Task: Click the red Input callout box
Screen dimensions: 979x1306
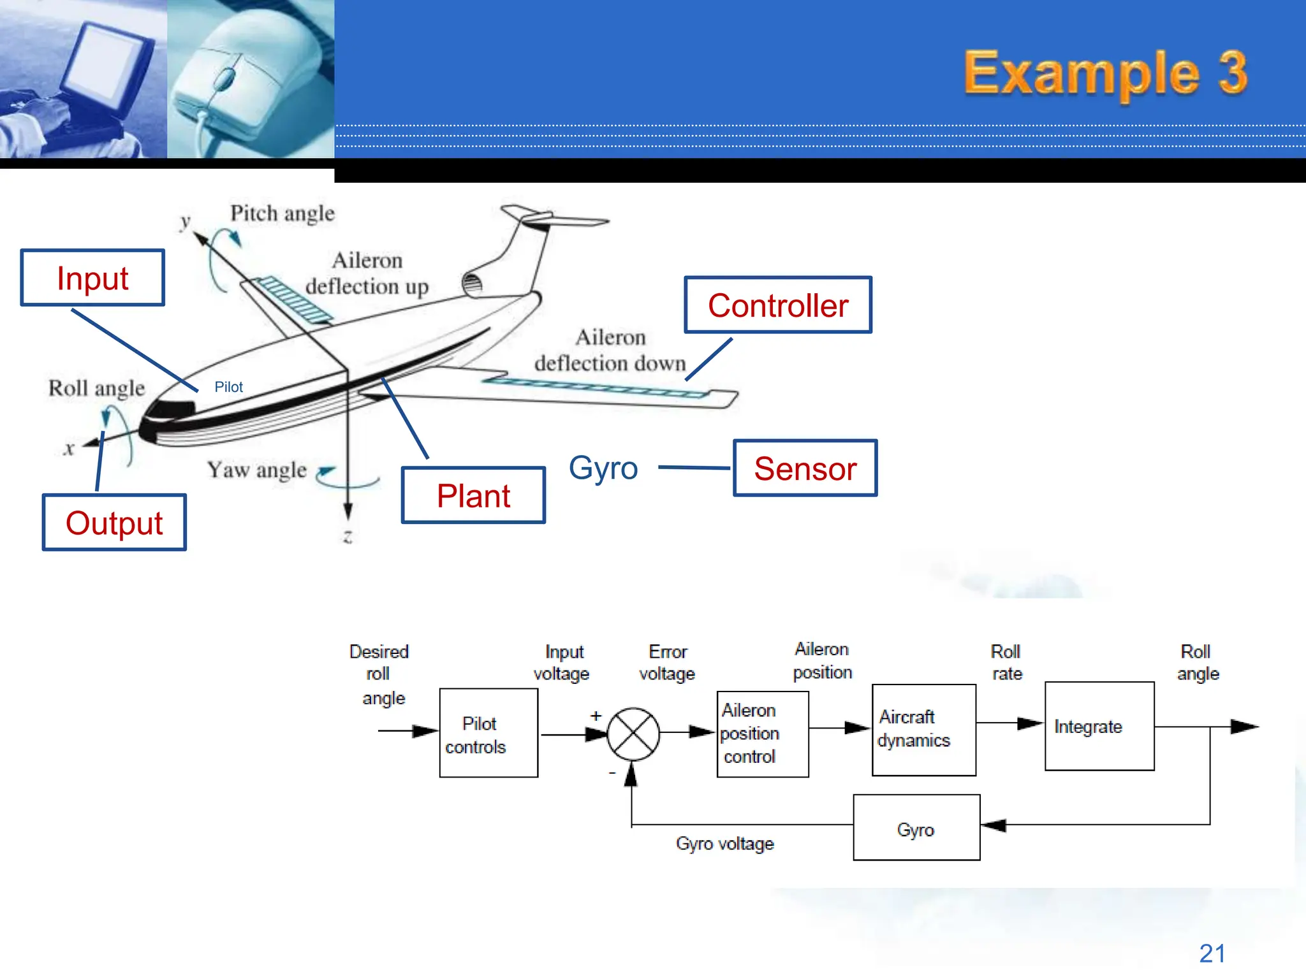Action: (x=92, y=278)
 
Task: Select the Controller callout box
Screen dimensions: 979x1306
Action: (x=777, y=305)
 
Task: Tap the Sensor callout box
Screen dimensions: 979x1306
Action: (x=805, y=468)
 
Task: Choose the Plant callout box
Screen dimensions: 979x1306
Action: (x=473, y=495)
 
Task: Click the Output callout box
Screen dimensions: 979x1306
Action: (x=114, y=523)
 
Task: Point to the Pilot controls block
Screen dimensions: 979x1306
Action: (x=488, y=733)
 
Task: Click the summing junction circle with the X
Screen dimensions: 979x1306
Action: (x=633, y=734)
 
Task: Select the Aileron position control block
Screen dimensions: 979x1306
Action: (x=763, y=734)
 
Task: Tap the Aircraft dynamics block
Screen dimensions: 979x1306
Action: (x=923, y=730)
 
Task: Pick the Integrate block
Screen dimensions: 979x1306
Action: (x=1099, y=727)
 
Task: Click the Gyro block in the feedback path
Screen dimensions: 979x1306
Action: (x=916, y=828)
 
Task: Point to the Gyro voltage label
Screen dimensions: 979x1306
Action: (x=724, y=844)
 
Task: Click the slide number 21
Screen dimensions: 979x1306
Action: (x=1212, y=954)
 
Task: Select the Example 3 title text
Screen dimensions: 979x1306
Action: (x=1104, y=73)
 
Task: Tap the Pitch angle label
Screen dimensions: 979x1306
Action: (x=282, y=214)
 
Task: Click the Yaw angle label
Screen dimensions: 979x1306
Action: (x=256, y=470)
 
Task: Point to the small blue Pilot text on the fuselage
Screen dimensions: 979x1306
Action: (x=228, y=387)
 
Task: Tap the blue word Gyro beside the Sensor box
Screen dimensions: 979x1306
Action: (x=603, y=468)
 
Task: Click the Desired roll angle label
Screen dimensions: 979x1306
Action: (x=379, y=674)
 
